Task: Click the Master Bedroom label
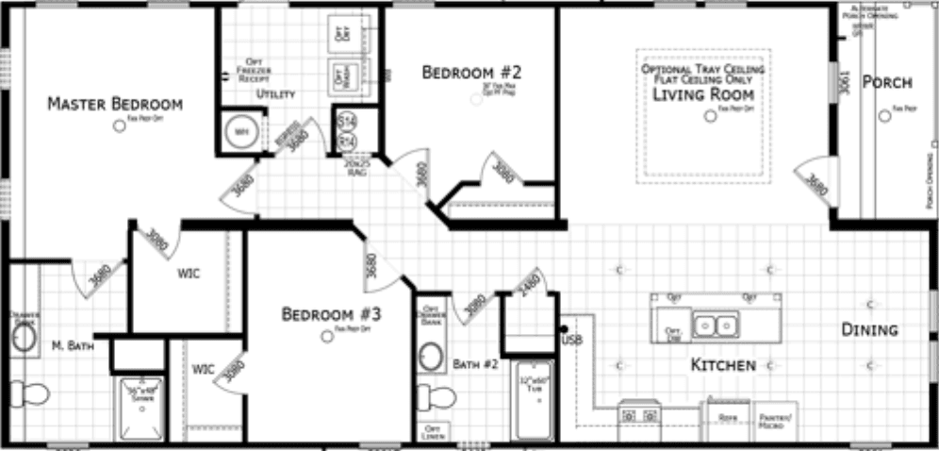114,103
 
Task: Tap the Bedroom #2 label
471,72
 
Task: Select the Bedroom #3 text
332,314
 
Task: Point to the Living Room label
703,94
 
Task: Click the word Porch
887,83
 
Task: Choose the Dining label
869,330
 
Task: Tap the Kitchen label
723,364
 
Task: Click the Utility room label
275,94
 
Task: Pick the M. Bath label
72,346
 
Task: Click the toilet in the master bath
30,393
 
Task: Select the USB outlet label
572,340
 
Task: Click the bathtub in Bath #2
534,401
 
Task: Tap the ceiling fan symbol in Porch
883,116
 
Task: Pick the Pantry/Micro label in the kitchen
778,421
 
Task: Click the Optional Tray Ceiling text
702,70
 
